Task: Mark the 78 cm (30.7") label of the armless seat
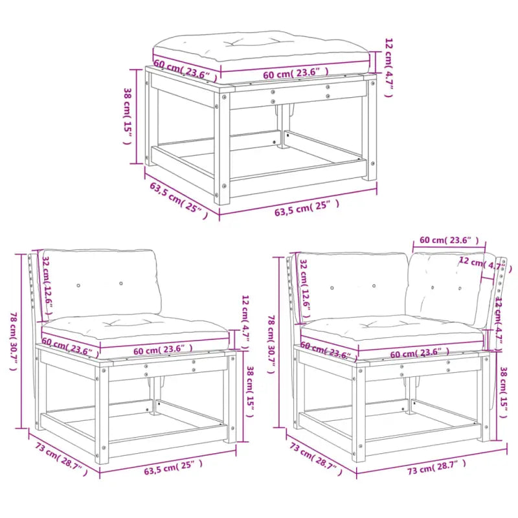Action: tap(14, 340)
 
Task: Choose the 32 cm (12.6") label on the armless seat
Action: tap(47, 282)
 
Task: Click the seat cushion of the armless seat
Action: tap(136, 327)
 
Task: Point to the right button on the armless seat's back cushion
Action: tap(121, 284)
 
